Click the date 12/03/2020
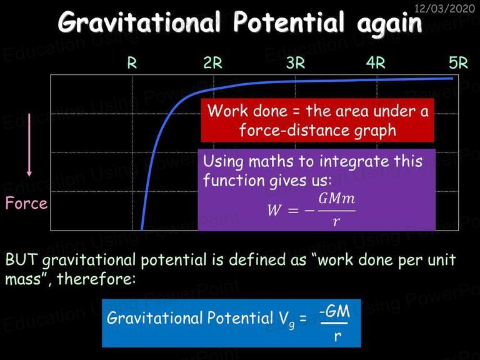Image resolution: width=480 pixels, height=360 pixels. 444,8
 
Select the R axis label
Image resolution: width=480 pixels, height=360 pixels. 132,62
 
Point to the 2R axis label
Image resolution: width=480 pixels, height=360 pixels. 213,62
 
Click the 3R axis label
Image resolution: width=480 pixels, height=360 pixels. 296,62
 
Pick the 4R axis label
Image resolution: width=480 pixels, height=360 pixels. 376,62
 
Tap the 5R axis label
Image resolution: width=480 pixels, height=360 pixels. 459,62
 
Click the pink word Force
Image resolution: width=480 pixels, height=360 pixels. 26,203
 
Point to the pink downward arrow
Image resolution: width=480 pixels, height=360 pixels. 29,145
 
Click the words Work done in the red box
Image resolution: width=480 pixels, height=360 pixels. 247,111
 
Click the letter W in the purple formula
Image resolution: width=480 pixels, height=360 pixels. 274,210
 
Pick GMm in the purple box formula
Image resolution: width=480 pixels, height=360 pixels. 337,199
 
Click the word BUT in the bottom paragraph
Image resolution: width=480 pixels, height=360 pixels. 21,259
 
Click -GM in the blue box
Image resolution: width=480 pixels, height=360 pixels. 334,312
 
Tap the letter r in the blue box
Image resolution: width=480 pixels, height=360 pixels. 337,336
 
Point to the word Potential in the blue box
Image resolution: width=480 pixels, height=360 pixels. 240,317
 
